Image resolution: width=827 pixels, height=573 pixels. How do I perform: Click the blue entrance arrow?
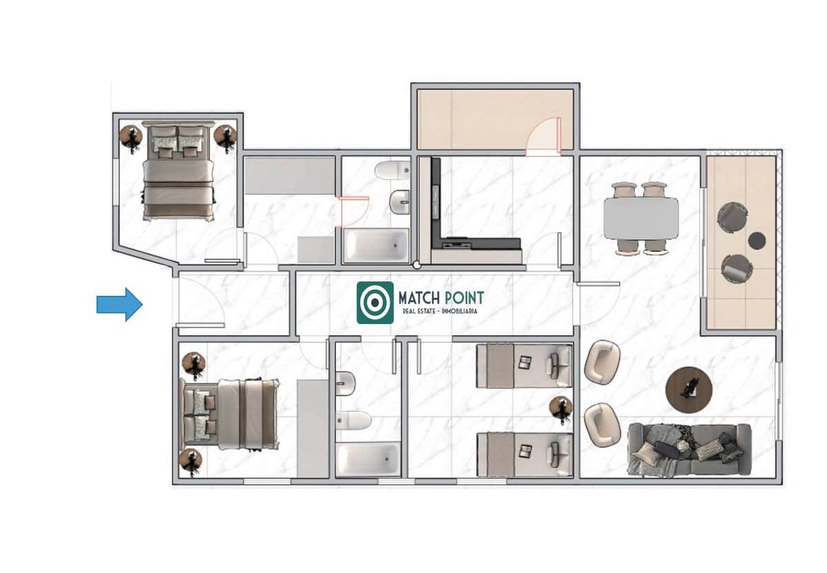[x=119, y=304]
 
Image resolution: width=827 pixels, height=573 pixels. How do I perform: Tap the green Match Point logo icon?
[x=375, y=302]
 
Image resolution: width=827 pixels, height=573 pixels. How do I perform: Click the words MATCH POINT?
[x=441, y=298]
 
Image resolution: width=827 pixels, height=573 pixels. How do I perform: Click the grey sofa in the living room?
[x=689, y=449]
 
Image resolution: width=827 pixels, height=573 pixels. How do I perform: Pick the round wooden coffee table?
[x=688, y=390]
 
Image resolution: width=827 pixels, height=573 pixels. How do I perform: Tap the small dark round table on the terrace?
[x=757, y=240]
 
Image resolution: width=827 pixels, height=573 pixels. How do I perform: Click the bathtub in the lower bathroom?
[x=368, y=459]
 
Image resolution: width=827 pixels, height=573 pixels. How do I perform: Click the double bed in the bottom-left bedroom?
[x=231, y=414]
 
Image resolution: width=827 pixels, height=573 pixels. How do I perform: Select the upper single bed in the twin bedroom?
[x=524, y=366]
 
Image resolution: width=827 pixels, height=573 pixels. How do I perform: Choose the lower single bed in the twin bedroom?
[x=524, y=454]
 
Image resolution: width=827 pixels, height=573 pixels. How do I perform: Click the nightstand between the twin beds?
[x=562, y=409]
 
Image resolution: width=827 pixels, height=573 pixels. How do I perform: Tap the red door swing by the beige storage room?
[x=544, y=135]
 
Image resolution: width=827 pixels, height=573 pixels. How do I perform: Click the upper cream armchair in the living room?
[x=602, y=361]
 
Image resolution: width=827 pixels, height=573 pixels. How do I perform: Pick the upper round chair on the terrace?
[x=731, y=217]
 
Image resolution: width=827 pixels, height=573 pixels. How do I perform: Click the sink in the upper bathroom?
[x=400, y=202]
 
